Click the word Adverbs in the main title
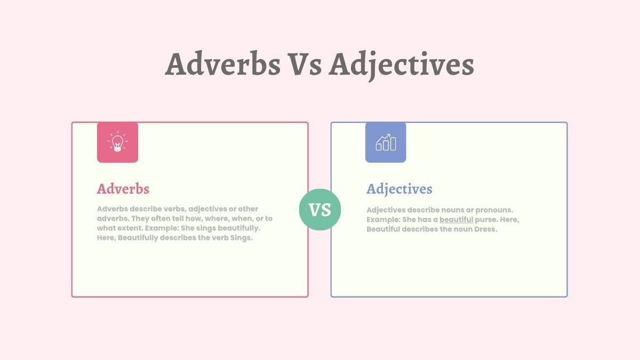tap(222, 65)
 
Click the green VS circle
tap(320, 210)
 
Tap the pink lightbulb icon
tap(117, 142)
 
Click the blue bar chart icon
tap(386, 142)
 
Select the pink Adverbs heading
tap(123, 189)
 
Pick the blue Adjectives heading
tap(399, 189)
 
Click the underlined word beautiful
tap(456, 220)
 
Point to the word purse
tap(485, 220)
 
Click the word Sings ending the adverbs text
tap(241, 238)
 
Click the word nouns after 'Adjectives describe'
tap(452, 210)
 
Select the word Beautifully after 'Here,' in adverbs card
tap(138, 238)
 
